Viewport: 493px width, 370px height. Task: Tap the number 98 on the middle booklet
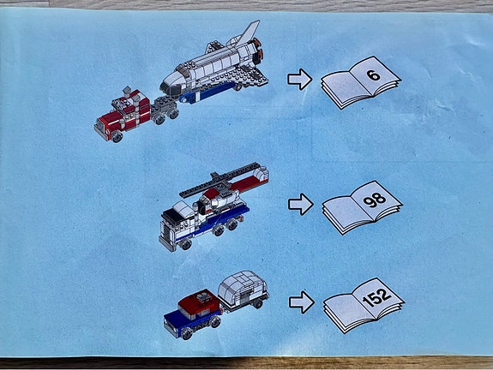(374, 199)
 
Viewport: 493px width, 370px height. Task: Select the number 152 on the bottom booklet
(376, 295)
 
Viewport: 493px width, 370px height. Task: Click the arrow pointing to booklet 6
(299, 80)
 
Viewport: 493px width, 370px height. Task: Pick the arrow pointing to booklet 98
(300, 204)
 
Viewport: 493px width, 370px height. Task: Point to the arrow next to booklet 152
(301, 301)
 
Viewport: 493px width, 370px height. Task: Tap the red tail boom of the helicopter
(255, 181)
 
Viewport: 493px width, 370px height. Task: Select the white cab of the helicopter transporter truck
(179, 218)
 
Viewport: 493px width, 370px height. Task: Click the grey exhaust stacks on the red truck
(127, 92)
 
